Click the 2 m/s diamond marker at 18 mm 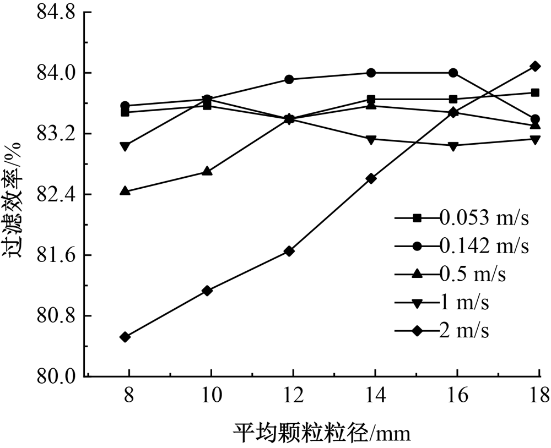pos(534,66)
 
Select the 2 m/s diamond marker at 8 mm pos(125,337)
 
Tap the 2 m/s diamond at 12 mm pos(289,251)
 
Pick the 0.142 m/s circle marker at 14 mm pos(371,73)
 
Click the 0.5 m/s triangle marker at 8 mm pos(125,191)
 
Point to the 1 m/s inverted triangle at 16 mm pos(453,146)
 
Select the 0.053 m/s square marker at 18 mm pos(534,92)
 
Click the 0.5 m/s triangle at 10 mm pos(207,171)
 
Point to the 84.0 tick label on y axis pos(56,73)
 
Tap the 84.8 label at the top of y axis pos(56,13)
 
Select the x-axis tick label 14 pos(375,396)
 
